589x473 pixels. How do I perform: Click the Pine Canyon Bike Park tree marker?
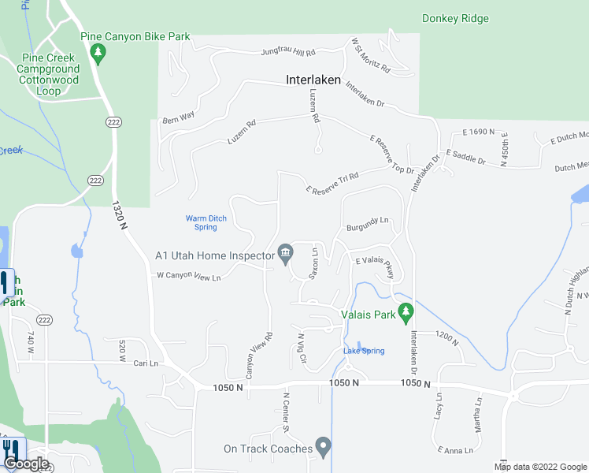click(98, 54)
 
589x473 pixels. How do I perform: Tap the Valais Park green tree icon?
click(406, 311)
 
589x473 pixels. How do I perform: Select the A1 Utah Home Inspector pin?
click(285, 254)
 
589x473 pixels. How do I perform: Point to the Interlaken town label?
click(313, 80)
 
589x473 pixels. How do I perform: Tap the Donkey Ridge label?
click(455, 18)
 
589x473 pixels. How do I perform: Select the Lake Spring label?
click(364, 351)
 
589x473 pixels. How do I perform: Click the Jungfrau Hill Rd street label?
click(288, 53)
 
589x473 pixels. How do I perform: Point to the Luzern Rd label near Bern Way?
click(241, 124)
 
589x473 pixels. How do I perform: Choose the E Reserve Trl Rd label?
click(332, 183)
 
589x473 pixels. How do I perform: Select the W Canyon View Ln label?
click(187, 277)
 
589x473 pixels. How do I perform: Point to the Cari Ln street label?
click(146, 363)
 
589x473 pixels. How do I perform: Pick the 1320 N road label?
click(119, 214)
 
